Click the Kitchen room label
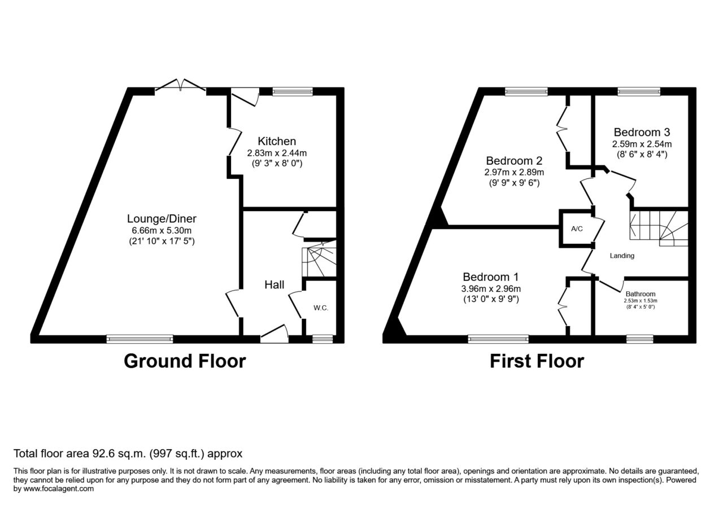pos(277,141)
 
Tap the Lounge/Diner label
pos(162,218)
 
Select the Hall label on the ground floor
pos(275,285)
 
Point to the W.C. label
pos(321,308)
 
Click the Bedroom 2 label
pos(514,161)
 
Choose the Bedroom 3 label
pos(642,132)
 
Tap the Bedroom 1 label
pos(491,277)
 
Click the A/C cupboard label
pos(577,229)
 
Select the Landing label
pos(622,256)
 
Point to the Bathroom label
pos(641,294)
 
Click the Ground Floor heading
pos(185,361)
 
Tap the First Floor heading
pos(537,361)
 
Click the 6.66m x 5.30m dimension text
pos(162,231)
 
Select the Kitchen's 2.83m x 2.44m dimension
pos(277,153)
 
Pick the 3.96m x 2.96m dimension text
pos(491,289)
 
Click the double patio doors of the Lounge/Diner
pos(180,85)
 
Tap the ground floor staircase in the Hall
pos(319,260)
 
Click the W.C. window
pos(323,339)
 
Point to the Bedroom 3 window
pos(639,92)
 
